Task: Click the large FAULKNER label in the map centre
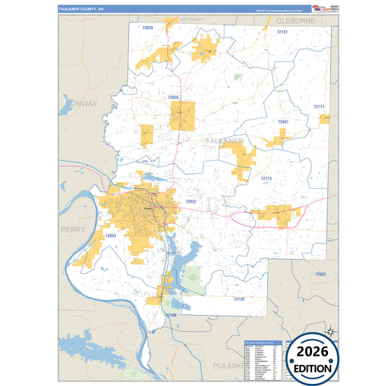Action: click(225, 139)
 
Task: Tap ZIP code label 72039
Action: click(148, 27)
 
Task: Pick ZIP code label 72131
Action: click(282, 32)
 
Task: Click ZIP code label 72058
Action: click(172, 96)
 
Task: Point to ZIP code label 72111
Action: click(319, 106)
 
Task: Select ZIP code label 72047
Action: click(282, 122)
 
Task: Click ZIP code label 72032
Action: click(190, 201)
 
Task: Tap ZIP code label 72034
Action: click(111, 235)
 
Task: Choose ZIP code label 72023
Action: click(320, 274)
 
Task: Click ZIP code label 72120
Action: click(238, 298)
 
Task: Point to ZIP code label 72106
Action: click(171, 316)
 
